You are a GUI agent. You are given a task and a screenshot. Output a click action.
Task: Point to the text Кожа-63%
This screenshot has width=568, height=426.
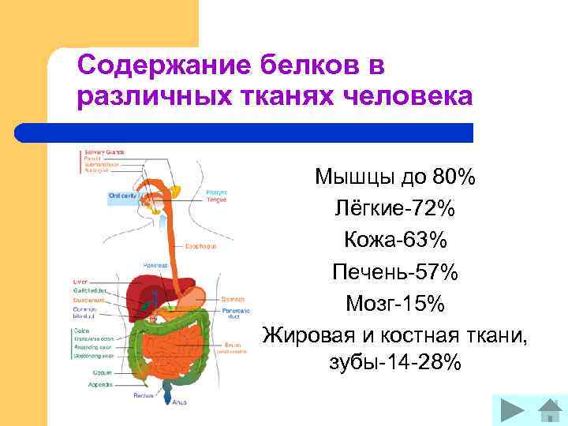(x=394, y=240)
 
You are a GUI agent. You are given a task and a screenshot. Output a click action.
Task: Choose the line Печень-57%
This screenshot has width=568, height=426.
(x=394, y=271)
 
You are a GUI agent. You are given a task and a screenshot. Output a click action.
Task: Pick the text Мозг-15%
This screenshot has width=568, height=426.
(x=394, y=302)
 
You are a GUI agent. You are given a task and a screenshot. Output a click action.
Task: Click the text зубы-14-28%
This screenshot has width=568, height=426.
(x=394, y=363)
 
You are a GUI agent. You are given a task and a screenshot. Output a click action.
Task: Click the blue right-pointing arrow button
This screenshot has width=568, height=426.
(x=514, y=411)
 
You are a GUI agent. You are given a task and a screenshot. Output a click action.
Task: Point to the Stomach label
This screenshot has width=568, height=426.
(x=232, y=300)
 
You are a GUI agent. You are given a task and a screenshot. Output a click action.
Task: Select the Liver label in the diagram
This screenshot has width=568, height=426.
(x=80, y=280)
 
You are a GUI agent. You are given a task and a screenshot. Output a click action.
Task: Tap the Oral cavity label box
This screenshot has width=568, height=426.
(x=124, y=196)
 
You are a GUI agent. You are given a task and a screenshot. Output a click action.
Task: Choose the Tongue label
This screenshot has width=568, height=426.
(x=216, y=200)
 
